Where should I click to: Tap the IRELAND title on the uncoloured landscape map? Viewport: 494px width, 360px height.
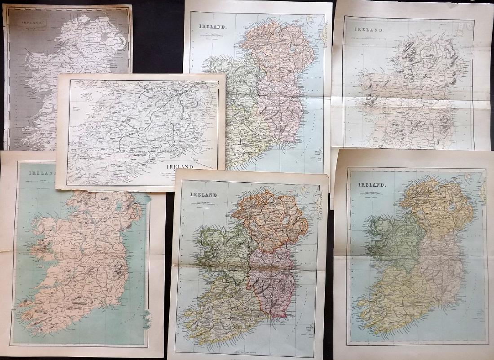point(179,166)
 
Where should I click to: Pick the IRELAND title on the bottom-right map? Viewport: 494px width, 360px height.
point(371,184)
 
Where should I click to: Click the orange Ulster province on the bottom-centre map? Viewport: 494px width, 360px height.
point(269,220)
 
